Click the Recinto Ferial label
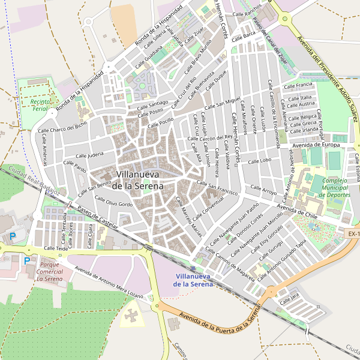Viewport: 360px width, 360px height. (x=38, y=105)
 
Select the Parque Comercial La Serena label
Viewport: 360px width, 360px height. (x=50, y=271)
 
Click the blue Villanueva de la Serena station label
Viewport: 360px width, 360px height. (x=193, y=280)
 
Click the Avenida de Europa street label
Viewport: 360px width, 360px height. (x=316, y=145)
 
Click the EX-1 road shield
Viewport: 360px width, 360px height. (x=353, y=233)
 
